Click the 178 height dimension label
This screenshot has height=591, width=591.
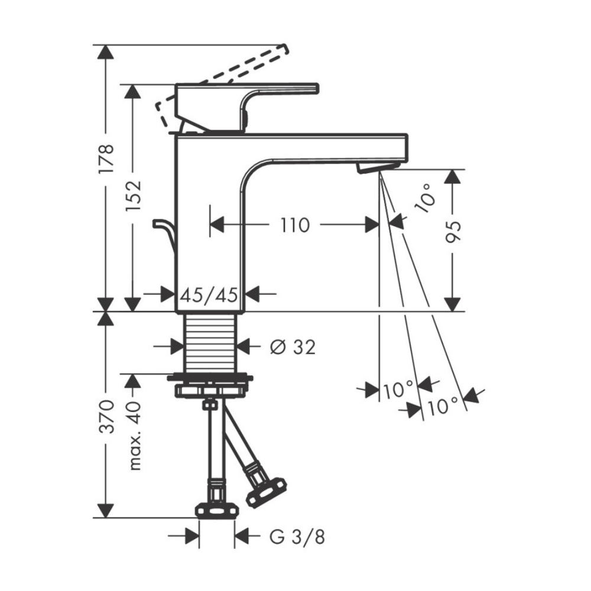(106, 158)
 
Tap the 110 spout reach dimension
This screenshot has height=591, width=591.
(295, 225)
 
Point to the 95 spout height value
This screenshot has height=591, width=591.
(453, 232)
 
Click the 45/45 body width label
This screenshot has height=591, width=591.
(209, 295)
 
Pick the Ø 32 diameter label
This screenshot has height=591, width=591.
(293, 347)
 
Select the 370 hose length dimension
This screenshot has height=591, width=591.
(106, 417)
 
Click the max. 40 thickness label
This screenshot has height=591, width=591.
(134, 436)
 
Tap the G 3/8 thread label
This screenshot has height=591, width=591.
(297, 537)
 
